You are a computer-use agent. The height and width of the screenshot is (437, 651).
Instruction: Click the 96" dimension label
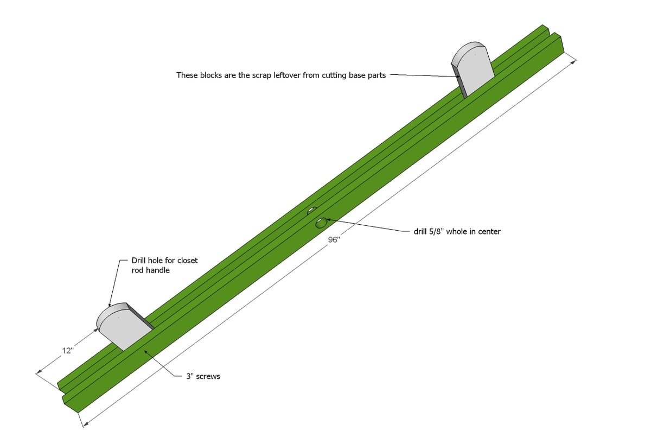pos(334,240)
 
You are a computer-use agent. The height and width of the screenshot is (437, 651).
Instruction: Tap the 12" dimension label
pos(68,351)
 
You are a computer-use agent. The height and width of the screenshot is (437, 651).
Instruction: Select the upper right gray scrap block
pos(473,69)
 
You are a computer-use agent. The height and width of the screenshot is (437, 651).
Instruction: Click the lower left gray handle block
pos(125,326)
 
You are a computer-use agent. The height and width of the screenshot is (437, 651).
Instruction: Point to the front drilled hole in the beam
pos(321,223)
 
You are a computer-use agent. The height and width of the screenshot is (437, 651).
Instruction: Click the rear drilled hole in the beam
pos(312,211)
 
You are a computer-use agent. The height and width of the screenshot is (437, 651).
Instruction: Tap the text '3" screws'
pos(203,376)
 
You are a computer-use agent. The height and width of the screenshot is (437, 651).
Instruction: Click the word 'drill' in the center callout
pos(420,231)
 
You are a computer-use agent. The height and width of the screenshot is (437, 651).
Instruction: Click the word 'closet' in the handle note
pos(188,260)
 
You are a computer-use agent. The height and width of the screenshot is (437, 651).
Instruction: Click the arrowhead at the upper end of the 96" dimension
pos(575,61)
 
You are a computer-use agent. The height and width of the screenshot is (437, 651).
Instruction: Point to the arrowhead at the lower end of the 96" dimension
pos(85,425)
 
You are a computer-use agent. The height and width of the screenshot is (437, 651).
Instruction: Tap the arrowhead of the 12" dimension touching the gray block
pos(96,330)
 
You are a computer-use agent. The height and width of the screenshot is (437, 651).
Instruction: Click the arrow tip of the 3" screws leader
pos(144,351)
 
